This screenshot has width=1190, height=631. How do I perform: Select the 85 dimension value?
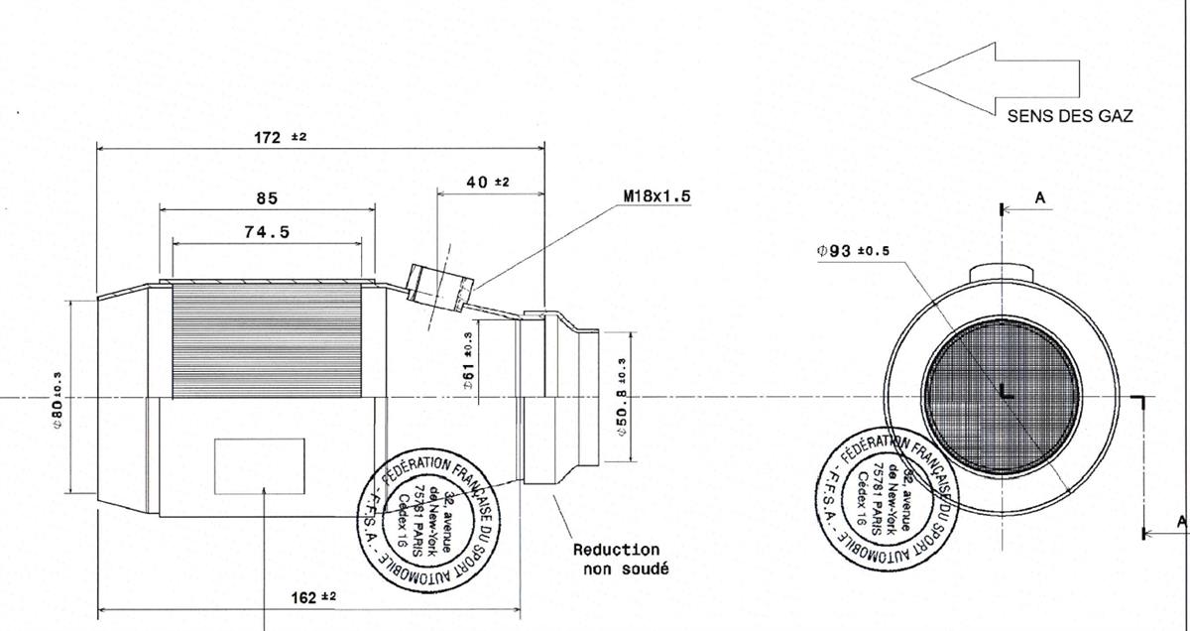click(x=267, y=198)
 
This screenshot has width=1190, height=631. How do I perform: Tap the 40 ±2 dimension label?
click(x=487, y=182)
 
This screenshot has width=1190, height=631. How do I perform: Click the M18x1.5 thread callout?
click(x=656, y=196)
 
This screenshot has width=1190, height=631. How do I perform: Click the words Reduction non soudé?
click(x=616, y=559)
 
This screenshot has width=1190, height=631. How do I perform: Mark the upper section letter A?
click(x=1039, y=198)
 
